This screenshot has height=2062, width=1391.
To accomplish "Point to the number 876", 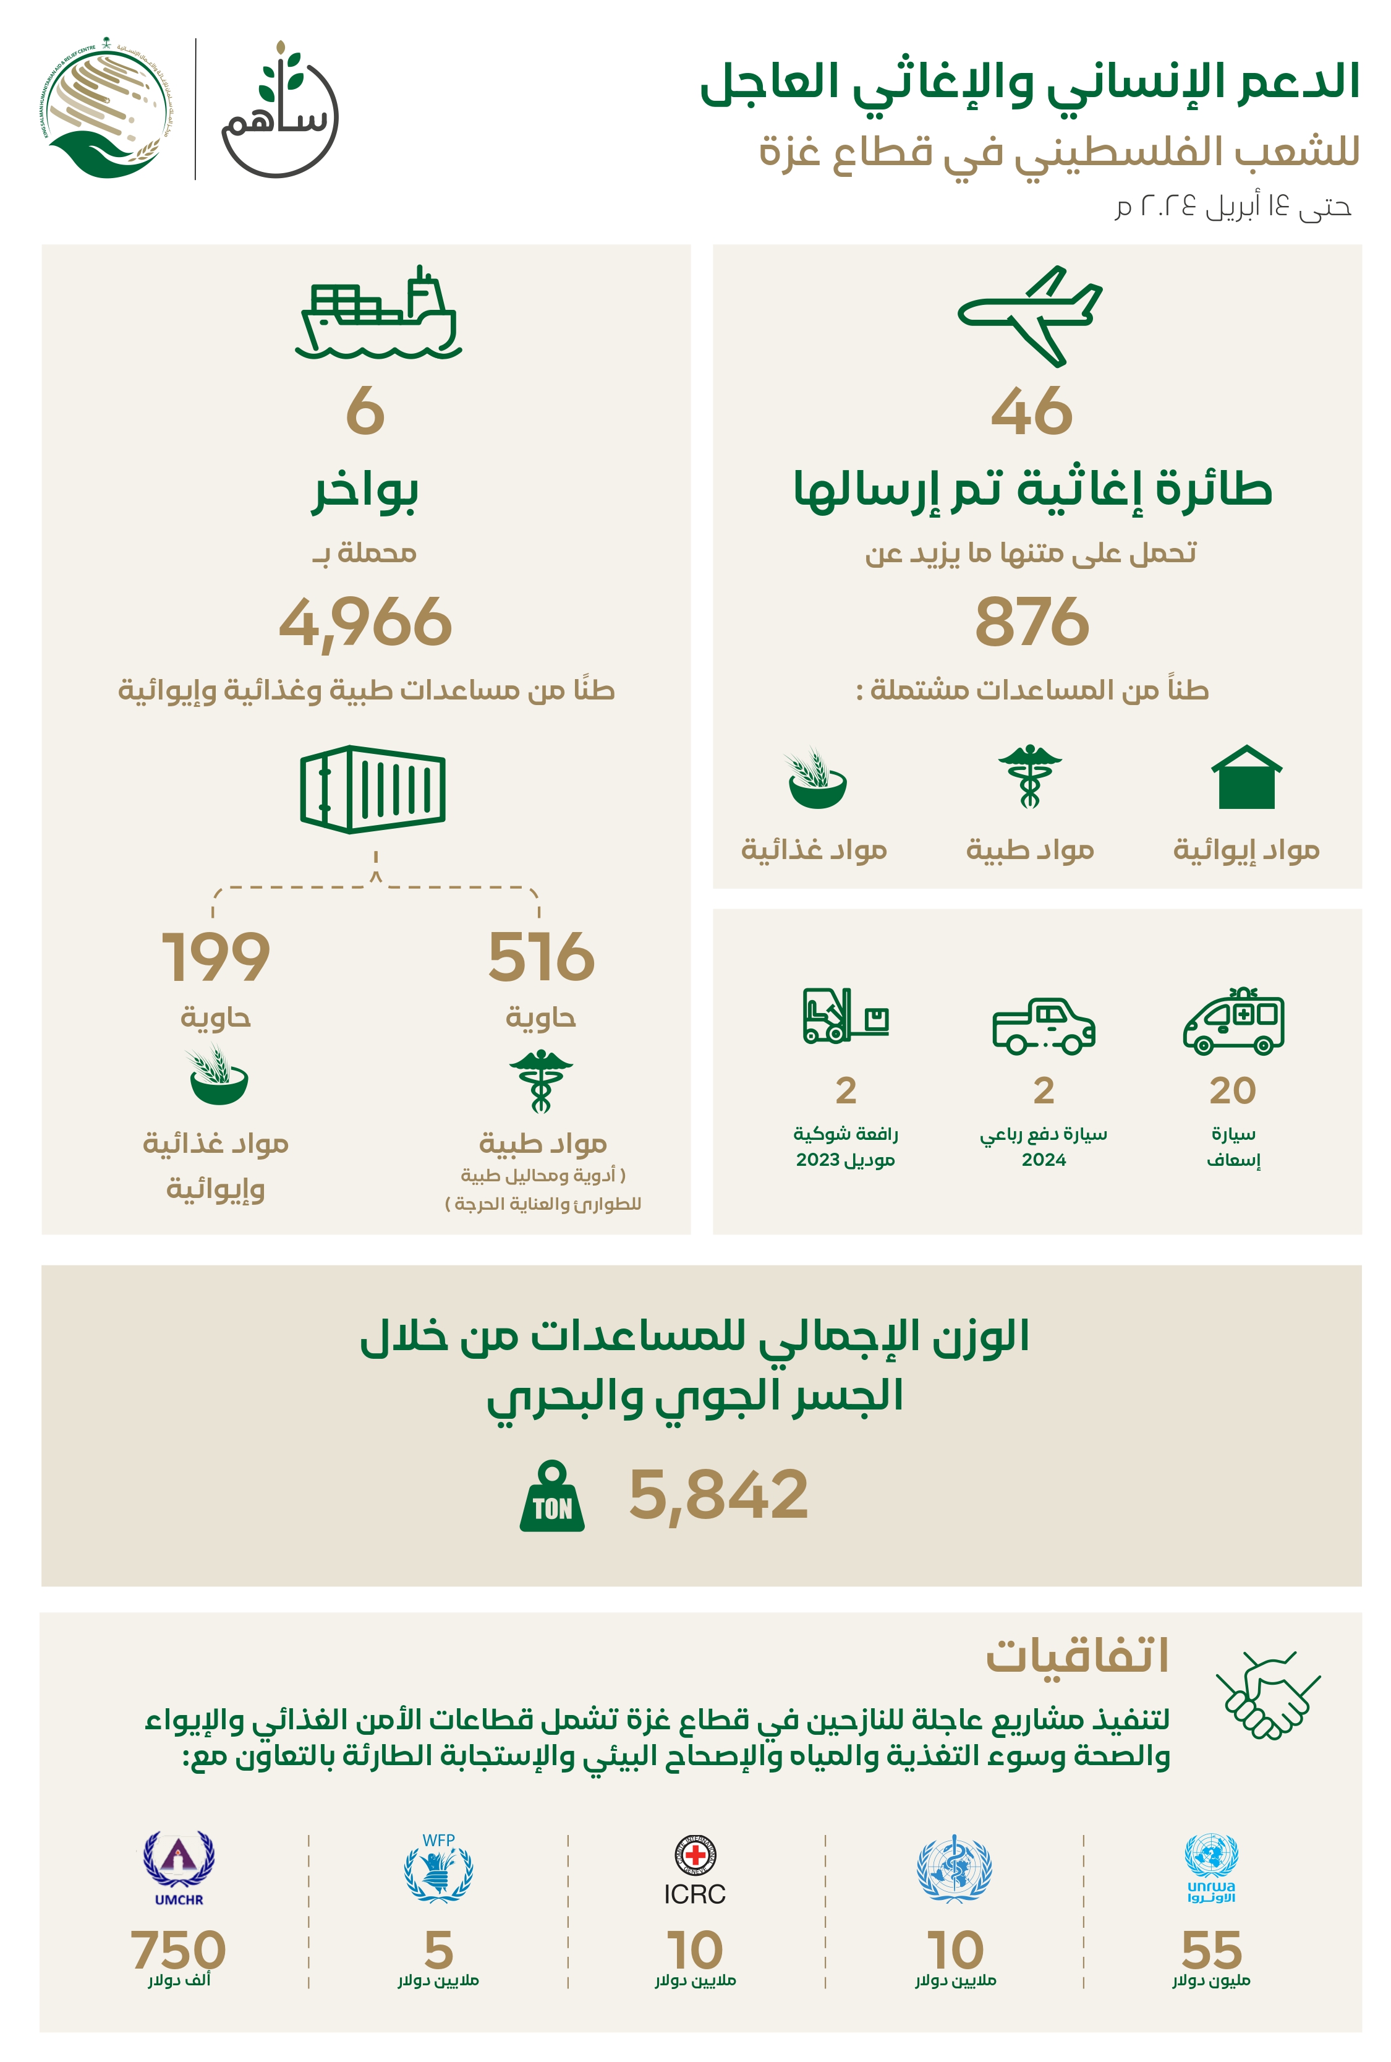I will pyautogui.click(x=1032, y=622).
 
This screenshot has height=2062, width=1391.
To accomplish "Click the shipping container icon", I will pyautogui.click(x=373, y=789).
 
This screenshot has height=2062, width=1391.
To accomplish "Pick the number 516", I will pyautogui.click(x=541, y=957).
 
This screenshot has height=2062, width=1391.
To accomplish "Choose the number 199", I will pyautogui.click(x=216, y=957).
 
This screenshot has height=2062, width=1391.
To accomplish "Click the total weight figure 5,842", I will pyautogui.click(x=718, y=1495).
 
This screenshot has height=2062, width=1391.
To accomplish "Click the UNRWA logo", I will pyautogui.click(x=1211, y=1868).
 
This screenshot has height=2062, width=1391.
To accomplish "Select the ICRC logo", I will pyautogui.click(x=695, y=1870).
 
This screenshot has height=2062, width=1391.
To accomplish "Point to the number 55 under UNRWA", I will pyautogui.click(x=1211, y=1949).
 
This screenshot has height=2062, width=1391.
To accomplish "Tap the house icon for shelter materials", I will pyautogui.click(x=1246, y=777).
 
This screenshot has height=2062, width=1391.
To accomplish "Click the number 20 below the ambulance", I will pyautogui.click(x=1233, y=1090).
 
